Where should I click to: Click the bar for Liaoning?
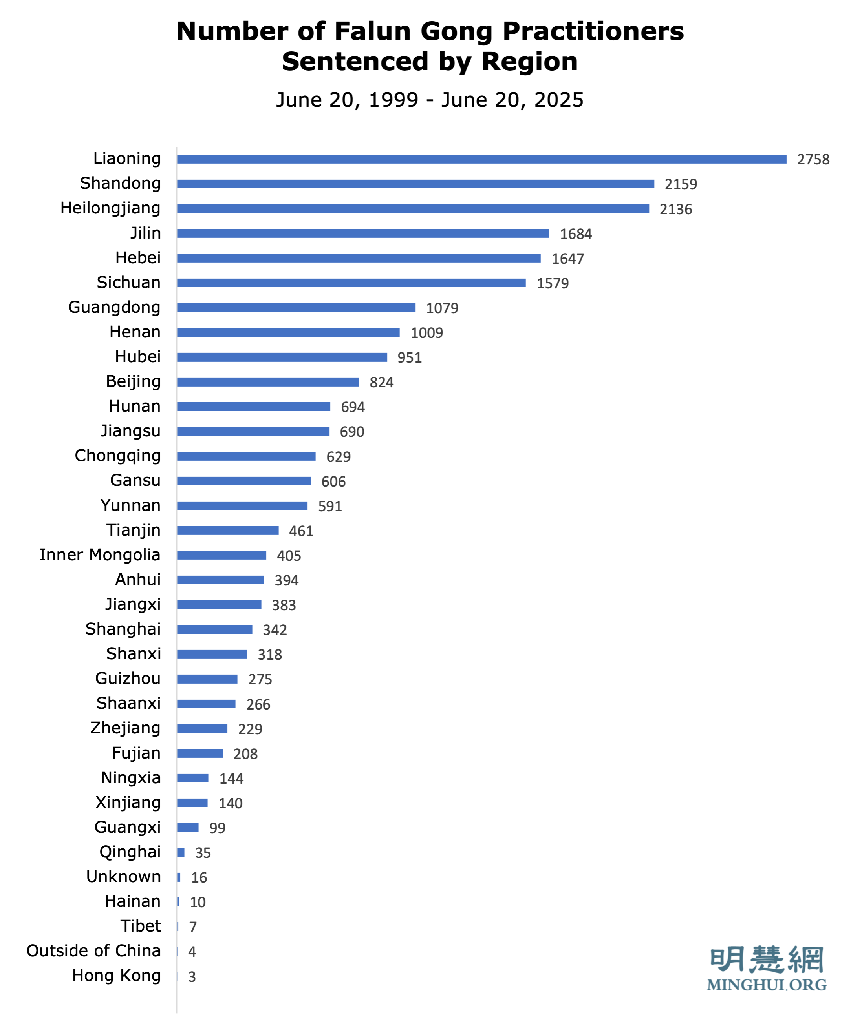tap(481, 159)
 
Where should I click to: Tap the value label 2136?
tap(675, 209)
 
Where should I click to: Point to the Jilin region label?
tap(145, 233)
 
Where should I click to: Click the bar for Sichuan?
tap(351, 283)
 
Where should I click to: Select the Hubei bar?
tap(282, 357)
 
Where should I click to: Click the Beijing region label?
tap(133, 381)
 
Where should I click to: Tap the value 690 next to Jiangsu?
tap(351, 432)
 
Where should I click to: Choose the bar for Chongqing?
tap(246, 456)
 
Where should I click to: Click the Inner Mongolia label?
tap(100, 555)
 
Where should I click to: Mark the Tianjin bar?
tap(228, 530)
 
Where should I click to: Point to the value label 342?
tap(275, 630)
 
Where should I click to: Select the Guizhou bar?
tap(207, 679)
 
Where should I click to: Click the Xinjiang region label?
tap(128, 803)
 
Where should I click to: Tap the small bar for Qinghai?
tap(181, 852)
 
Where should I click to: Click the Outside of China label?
tap(93, 951)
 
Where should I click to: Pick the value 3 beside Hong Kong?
tap(192, 977)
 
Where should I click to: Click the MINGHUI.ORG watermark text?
tap(766, 985)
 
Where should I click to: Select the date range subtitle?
tap(430, 100)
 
